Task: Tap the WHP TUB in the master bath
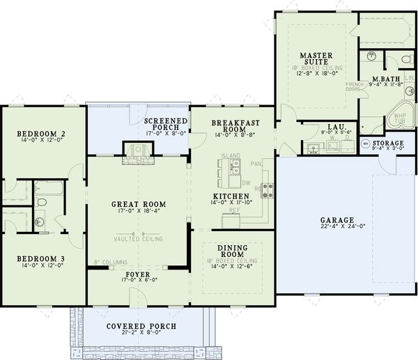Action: pyautogui.click(x=399, y=119)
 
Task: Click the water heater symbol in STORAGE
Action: pyautogui.click(x=366, y=144)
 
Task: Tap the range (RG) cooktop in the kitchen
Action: pyautogui.click(x=268, y=187)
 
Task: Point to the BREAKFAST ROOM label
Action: pyautogui.click(x=230, y=125)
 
